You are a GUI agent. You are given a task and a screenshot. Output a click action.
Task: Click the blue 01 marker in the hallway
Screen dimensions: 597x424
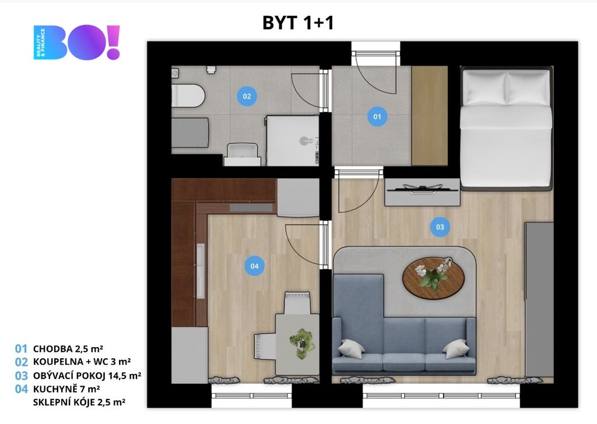(377, 116)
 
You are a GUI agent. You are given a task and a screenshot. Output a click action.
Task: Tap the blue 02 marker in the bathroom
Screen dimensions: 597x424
(247, 96)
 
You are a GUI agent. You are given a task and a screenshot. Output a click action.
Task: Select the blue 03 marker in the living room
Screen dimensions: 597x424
(440, 227)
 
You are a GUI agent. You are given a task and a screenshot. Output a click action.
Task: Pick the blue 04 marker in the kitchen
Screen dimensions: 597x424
(254, 266)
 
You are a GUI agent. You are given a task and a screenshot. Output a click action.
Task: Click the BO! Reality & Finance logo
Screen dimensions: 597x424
(76, 42)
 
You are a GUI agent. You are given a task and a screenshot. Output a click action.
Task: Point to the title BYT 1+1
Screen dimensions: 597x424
(298, 23)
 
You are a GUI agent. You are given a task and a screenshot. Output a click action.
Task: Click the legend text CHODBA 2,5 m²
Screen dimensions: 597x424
(68, 349)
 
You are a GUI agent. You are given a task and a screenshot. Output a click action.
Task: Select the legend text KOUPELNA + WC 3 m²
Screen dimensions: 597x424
(82, 362)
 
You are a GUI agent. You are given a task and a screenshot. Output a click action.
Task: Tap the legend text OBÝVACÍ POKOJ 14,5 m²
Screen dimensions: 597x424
(87, 375)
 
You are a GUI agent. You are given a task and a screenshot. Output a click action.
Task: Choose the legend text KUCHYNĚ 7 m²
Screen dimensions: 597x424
(66, 389)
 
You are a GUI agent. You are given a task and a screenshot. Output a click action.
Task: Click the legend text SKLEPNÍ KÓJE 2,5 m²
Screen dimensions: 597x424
(79, 402)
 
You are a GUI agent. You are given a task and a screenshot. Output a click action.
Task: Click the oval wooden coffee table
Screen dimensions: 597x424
(433, 278)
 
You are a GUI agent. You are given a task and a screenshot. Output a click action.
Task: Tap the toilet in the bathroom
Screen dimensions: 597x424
(188, 96)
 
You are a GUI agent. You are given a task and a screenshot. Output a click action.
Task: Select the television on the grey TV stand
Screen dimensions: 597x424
(422, 188)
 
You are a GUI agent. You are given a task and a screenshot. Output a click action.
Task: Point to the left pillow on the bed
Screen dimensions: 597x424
(484, 88)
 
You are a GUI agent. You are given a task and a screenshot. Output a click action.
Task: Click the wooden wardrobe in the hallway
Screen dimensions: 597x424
(430, 116)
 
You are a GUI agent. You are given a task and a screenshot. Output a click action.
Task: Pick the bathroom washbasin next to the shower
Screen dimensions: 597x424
(243, 154)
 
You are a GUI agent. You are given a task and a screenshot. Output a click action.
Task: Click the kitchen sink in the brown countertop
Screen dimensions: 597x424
(201, 271)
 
